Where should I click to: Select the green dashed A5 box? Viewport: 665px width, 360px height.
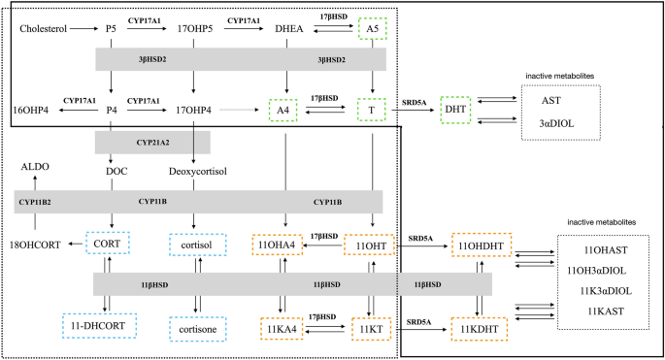pos(372,29)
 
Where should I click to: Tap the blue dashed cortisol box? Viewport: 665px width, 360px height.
pos(197,243)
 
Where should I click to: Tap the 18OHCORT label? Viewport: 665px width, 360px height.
pos(37,243)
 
